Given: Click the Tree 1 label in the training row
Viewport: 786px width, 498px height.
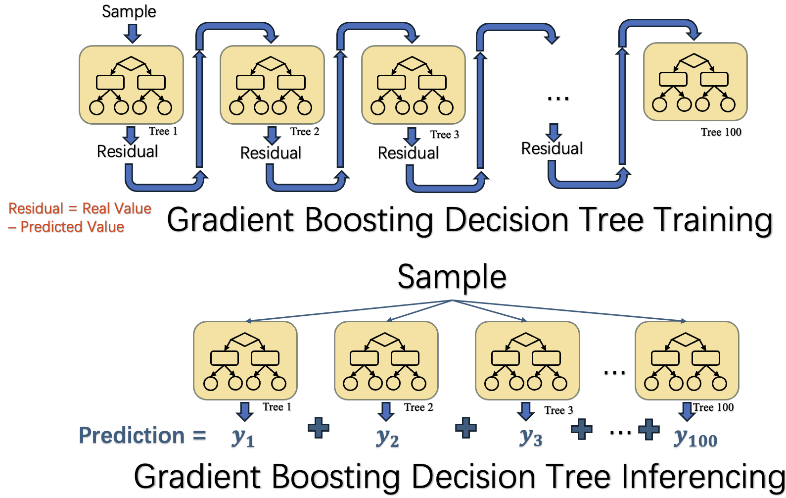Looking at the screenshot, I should coord(163,131).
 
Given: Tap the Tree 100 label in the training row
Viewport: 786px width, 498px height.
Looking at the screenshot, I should coord(721,132).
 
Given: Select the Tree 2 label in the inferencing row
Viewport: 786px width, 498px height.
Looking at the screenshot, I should coord(418,407).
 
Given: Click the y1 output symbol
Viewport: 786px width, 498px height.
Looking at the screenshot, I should coord(243,438).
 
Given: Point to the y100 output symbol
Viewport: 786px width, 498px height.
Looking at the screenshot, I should coord(695,439).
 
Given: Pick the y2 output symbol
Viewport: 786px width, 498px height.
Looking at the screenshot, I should coord(387,438).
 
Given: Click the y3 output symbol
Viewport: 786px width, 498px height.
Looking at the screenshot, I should coord(531,438).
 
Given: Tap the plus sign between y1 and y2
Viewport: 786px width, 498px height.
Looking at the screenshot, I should coord(319,428).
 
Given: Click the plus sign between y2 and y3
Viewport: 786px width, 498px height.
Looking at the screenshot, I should coord(465,428).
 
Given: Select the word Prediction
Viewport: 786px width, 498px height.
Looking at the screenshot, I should coord(132,436).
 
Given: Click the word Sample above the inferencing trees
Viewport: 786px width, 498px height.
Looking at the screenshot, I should coord(452,277).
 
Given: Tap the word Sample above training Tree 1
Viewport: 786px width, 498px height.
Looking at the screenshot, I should coord(129,11).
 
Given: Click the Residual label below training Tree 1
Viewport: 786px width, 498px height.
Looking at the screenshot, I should coord(127,151).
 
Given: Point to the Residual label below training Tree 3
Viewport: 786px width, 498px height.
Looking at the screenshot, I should coord(408,153).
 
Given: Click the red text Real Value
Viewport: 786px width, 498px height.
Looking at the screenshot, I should coord(117,208).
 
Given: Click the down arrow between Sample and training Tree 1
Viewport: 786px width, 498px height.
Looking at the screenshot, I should coord(132,33).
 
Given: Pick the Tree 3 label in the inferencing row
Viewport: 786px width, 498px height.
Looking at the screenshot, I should coord(558,410).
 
